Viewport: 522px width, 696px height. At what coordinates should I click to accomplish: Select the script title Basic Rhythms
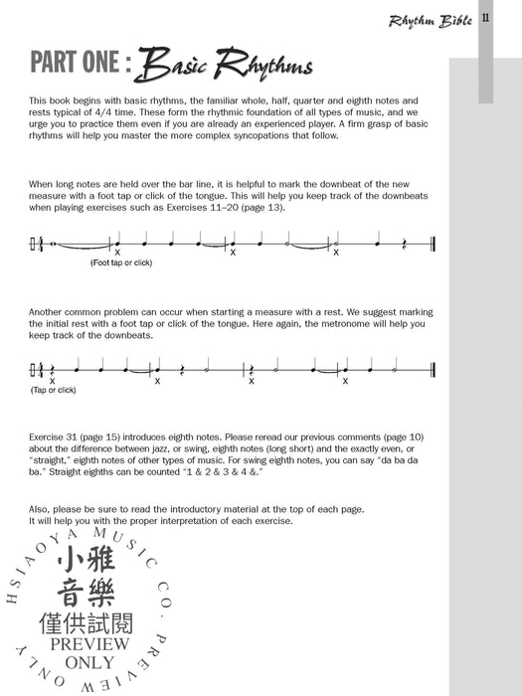pos(226,66)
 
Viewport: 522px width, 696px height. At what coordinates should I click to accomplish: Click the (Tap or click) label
pos(54,390)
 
